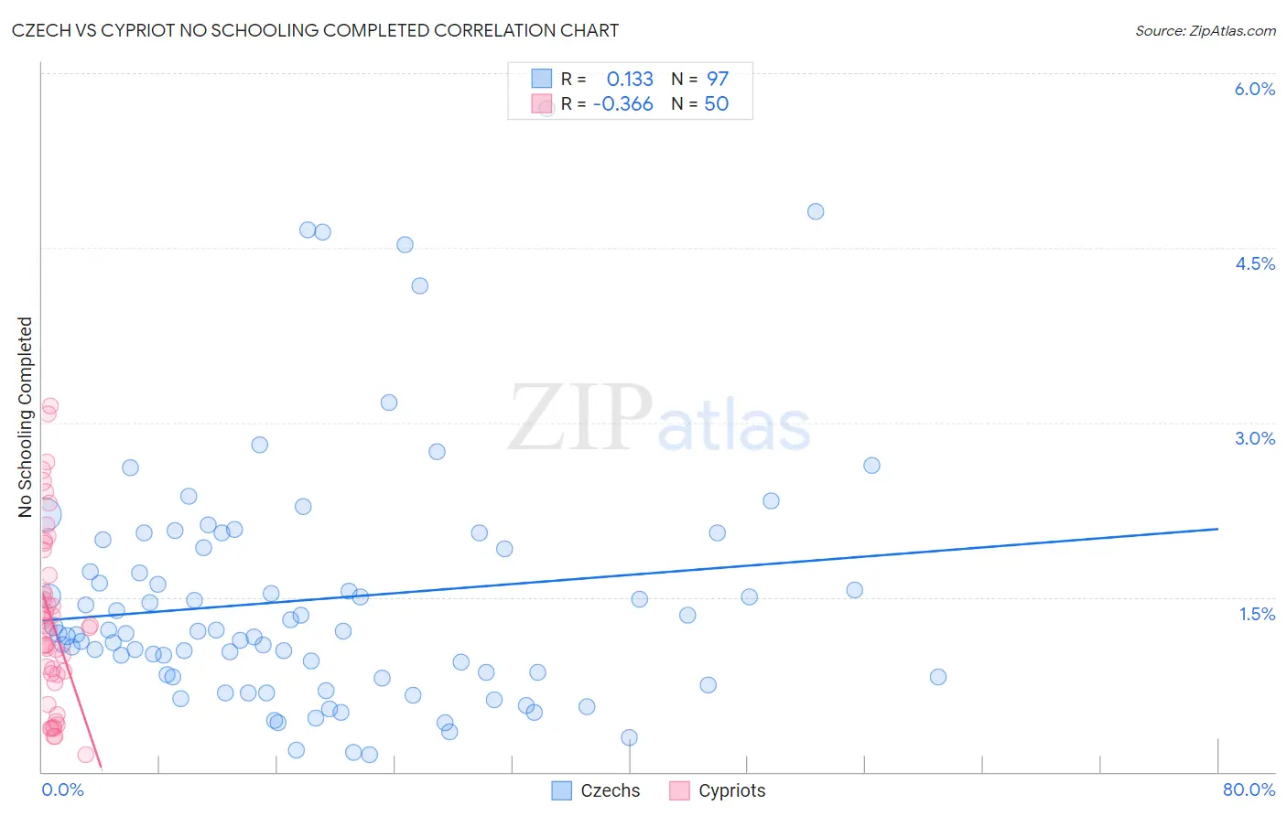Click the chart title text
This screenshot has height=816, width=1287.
tap(315, 30)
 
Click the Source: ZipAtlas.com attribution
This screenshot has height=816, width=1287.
tap(1205, 30)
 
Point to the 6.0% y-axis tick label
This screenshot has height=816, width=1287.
tap(1254, 89)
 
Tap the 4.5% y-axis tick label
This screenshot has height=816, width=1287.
tap(1254, 263)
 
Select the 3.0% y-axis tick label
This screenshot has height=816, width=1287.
tap(1254, 438)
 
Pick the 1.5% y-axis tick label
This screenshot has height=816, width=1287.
tap(1257, 614)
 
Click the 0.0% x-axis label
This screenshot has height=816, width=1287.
tap(62, 789)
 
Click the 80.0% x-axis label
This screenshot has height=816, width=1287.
tap(1249, 789)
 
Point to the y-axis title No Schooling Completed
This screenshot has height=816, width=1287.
tap(25, 417)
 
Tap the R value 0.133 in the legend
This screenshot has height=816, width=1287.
tap(630, 79)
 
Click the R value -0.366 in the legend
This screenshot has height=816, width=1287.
tap(623, 104)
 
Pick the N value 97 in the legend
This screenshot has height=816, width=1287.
tap(717, 79)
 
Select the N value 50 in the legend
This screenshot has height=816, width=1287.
tap(716, 104)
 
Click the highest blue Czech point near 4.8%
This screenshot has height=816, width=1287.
tap(816, 211)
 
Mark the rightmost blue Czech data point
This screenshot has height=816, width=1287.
tap(937, 677)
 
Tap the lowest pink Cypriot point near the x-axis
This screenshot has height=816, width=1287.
tap(86, 755)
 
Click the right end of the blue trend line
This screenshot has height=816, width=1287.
tap(1217, 529)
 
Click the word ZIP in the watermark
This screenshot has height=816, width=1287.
tap(580, 418)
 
